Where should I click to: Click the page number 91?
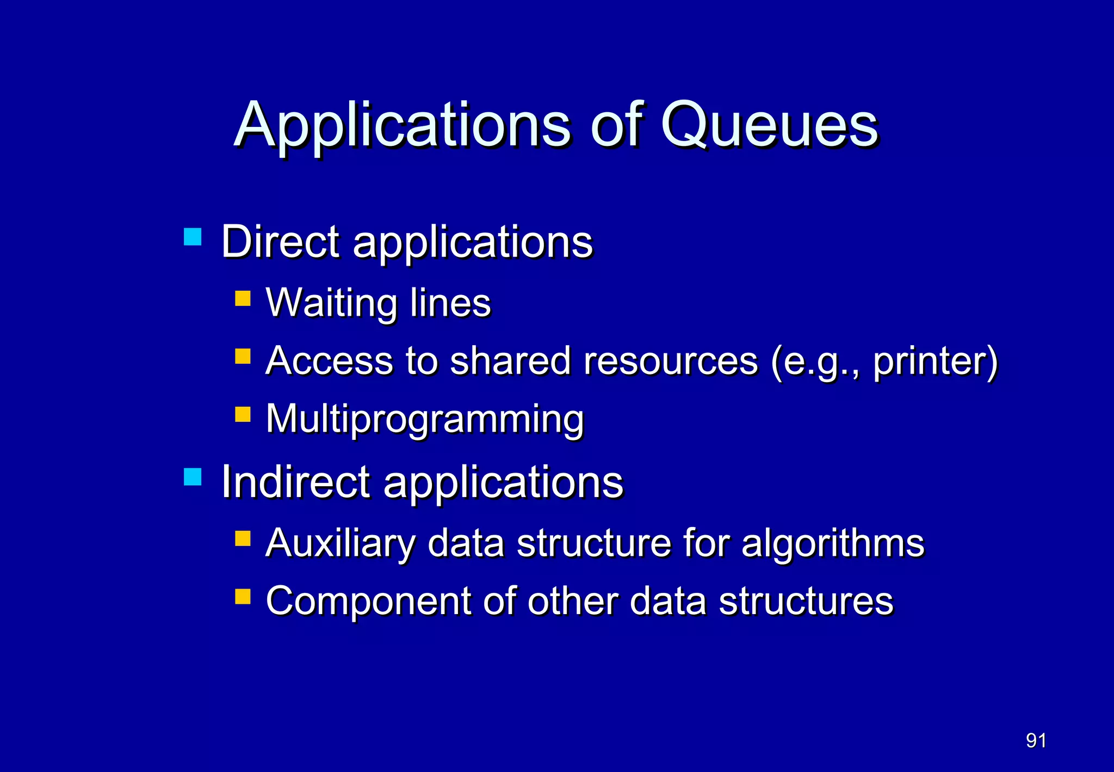[x=1036, y=740]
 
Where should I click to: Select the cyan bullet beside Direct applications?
[x=193, y=237]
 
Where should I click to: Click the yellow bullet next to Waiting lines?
[x=243, y=298]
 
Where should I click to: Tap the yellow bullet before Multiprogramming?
[x=243, y=414]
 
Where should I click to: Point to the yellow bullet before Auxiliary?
[x=243, y=538]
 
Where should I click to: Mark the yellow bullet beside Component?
[x=243, y=597]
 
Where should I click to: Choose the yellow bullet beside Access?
[x=243, y=356]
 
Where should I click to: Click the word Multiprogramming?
[x=425, y=419]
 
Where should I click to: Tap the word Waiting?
[x=331, y=303]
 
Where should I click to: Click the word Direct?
[x=281, y=241]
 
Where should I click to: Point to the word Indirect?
[x=296, y=482]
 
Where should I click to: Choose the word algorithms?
[x=833, y=543]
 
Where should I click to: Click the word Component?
[x=368, y=601]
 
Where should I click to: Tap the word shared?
[x=510, y=361]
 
